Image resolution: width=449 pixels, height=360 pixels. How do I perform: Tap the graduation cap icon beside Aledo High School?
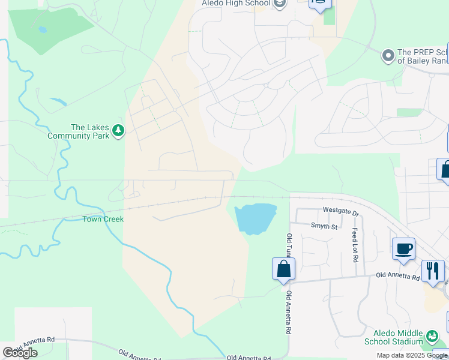(279, 4)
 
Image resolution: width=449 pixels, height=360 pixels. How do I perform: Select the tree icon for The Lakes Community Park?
(118, 131)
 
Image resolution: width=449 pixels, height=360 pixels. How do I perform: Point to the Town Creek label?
(103, 219)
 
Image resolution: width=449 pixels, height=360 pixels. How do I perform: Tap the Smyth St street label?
(324, 226)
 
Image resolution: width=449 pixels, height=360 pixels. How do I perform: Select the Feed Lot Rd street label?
(355, 245)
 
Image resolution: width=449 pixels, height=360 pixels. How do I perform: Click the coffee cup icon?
(403, 248)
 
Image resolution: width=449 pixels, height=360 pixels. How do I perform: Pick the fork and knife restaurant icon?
(433, 271)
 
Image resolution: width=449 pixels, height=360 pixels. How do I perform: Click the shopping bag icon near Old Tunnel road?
(283, 269)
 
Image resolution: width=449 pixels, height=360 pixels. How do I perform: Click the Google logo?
(19, 352)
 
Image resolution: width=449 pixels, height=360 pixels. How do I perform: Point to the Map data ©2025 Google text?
(412, 355)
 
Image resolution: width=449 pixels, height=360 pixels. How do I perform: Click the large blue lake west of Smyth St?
(256, 218)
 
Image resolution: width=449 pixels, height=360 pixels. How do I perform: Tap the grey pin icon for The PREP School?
(388, 56)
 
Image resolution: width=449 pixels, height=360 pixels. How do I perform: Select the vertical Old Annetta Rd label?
(289, 313)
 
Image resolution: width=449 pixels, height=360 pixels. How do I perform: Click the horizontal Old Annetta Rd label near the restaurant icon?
(398, 275)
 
